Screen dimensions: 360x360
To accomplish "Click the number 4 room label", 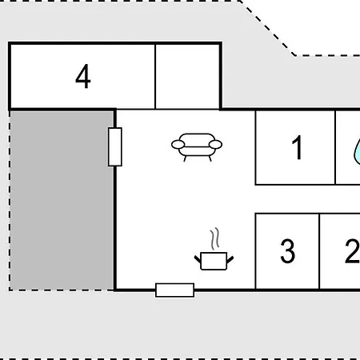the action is point(83,76).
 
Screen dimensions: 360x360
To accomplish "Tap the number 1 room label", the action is point(297,147).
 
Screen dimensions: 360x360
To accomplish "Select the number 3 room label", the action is point(288,251).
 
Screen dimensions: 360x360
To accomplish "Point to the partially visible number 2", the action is point(353,251).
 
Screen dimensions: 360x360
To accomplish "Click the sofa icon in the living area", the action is point(197,147).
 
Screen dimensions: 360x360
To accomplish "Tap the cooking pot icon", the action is point(214,261).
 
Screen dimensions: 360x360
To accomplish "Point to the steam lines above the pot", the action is point(214,238).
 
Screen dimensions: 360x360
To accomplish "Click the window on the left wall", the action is point(115,147).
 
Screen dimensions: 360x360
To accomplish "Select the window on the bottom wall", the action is point(175,290).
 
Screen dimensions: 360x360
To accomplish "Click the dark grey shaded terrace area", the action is point(62,200).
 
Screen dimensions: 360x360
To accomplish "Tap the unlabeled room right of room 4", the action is point(187,77).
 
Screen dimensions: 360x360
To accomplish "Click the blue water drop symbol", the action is point(358,153).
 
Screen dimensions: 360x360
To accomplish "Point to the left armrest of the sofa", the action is point(178,145).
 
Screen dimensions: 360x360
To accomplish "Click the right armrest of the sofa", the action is point(215,145).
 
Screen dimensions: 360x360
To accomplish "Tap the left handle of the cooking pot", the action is point(198,259).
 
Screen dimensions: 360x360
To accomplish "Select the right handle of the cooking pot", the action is point(230,259).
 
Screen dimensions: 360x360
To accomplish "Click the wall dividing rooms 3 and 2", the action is point(319,251).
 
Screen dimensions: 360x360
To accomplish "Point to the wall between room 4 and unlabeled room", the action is point(155,77).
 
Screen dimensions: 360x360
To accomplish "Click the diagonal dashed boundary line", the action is point(266,28).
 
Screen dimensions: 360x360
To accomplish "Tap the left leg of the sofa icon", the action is point(185,158).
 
